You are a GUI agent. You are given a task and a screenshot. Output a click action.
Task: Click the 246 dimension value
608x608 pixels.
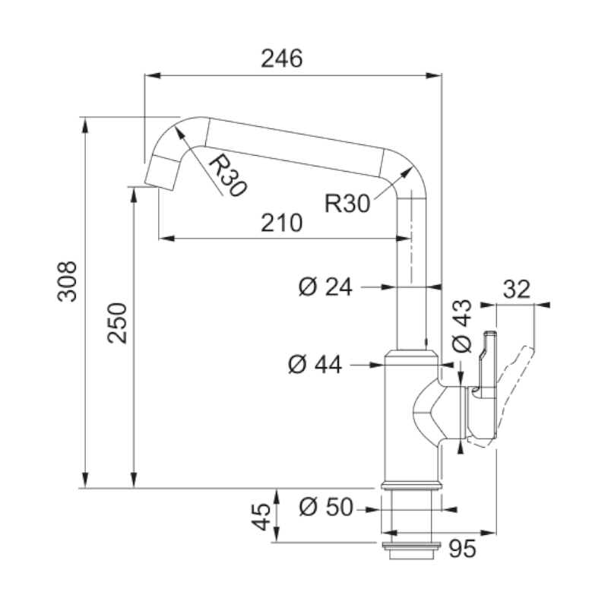tap(282, 59)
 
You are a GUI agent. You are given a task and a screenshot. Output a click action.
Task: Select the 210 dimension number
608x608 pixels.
tap(282, 223)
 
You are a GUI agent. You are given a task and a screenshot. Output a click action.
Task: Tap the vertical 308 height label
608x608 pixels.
tap(68, 281)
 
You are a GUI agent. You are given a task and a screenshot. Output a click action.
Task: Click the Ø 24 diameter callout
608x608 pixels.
tap(326, 287)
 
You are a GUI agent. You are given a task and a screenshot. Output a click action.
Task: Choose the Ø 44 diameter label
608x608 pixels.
tap(315, 366)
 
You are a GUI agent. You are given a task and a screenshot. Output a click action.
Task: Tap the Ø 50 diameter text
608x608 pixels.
tap(326, 507)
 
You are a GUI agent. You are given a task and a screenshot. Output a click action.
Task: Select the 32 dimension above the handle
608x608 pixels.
tap(516, 290)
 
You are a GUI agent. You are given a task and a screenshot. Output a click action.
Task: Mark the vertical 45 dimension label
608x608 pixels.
tap(261, 517)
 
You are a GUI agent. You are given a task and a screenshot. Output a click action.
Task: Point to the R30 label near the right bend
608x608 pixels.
tap(347, 203)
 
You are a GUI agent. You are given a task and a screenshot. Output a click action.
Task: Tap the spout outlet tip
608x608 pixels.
tap(158, 174)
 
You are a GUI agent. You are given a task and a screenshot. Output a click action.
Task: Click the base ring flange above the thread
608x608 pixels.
tap(410, 485)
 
